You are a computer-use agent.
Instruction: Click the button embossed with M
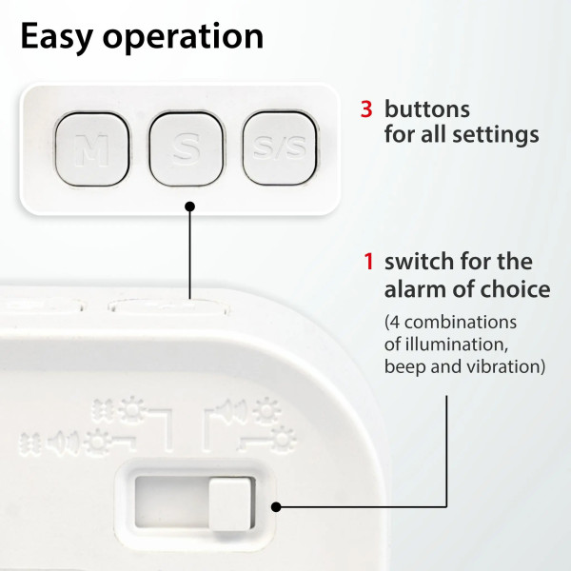click(x=92, y=149)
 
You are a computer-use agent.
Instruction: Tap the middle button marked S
click(x=187, y=148)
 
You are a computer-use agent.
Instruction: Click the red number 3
click(x=366, y=109)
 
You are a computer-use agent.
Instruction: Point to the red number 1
click(x=369, y=262)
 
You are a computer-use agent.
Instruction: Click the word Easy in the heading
click(x=56, y=36)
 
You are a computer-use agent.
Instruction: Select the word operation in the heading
click(x=183, y=37)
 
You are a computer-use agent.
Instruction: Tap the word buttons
click(x=427, y=108)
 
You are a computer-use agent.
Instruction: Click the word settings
click(x=496, y=135)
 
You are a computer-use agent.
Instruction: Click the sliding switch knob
click(x=230, y=504)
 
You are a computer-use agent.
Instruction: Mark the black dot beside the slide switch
click(x=276, y=506)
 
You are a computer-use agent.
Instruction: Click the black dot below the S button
click(x=189, y=207)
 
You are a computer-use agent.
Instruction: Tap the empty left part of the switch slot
click(x=172, y=502)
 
